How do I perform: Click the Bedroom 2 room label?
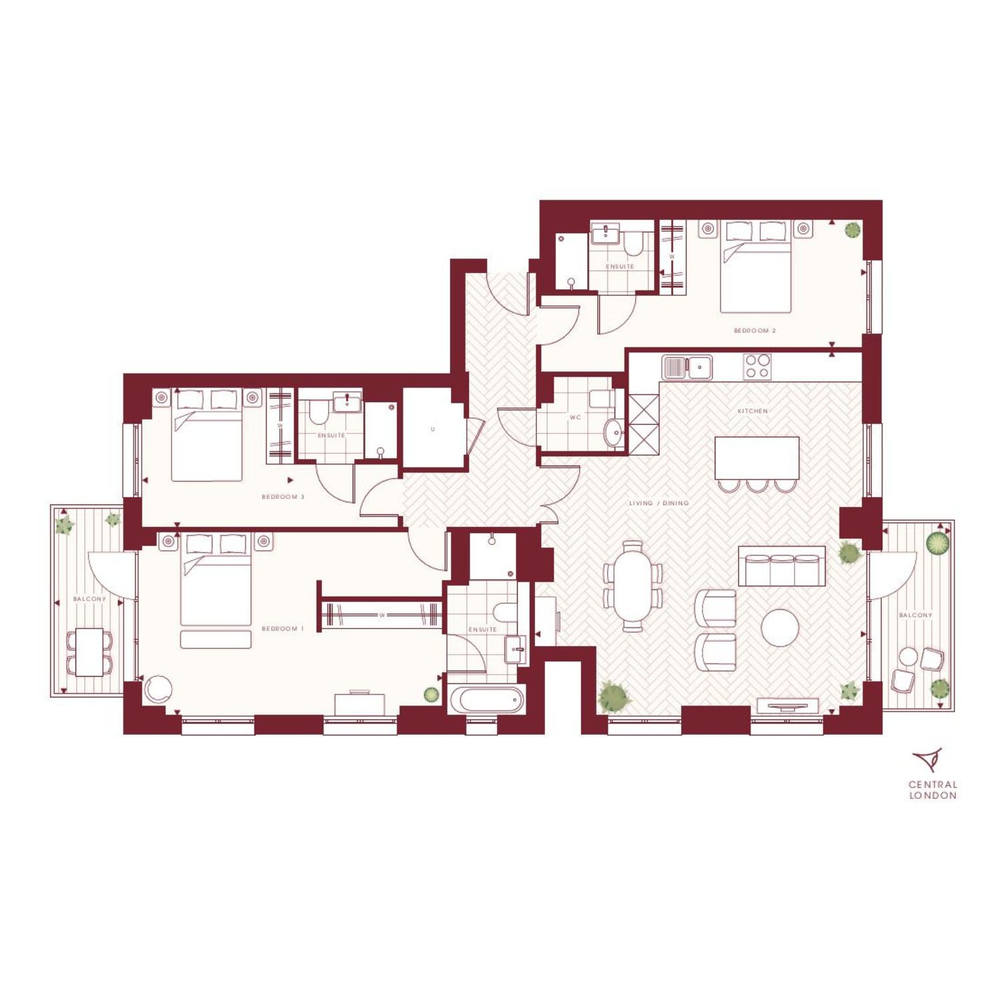click(755, 331)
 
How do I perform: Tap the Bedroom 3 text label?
click(283, 497)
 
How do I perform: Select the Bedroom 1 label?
click(283, 629)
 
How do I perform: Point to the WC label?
click(575, 417)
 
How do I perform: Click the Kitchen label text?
click(753, 411)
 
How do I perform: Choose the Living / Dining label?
click(659, 503)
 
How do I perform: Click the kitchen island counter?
click(757, 458)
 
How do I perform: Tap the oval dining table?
click(632, 585)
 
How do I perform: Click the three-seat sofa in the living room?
click(782, 566)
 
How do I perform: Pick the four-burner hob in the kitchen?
click(758, 367)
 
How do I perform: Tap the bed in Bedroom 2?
click(756, 267)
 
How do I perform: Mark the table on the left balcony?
click(89, 652)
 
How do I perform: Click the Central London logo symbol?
click(928, 760)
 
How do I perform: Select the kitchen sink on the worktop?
click(687, 367)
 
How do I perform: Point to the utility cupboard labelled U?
click(434, 429)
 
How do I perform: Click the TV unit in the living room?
click(788, 705)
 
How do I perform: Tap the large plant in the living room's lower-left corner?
click(614, 697)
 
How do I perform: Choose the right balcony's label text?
click(915, 615)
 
